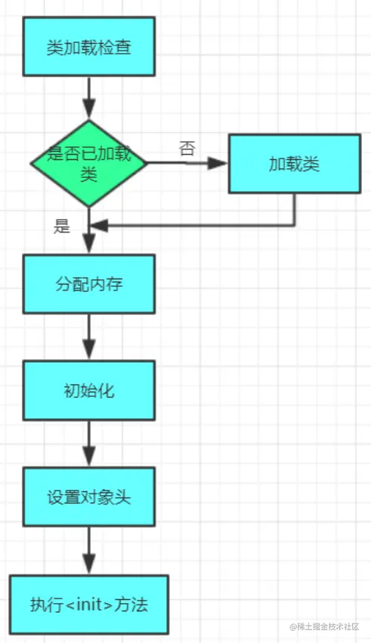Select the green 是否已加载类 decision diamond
(x=89, y=163)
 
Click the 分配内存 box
(x=89, y=284)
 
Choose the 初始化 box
(x=89, y=391)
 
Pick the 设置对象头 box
(x=89, y=497)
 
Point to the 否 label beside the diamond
(x=187, y=149)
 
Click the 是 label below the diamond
(x=62, y=226)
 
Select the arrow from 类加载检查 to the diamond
(x=89, y=97)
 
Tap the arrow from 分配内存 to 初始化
(x=89, y=337)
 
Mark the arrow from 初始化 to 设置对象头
(x=89, y=444)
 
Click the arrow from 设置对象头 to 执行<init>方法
(x=89, y=550)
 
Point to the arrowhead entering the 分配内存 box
(x=89, y=245)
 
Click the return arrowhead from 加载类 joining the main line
(x=100, y=225)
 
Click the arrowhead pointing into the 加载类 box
(x=220, y=163)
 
